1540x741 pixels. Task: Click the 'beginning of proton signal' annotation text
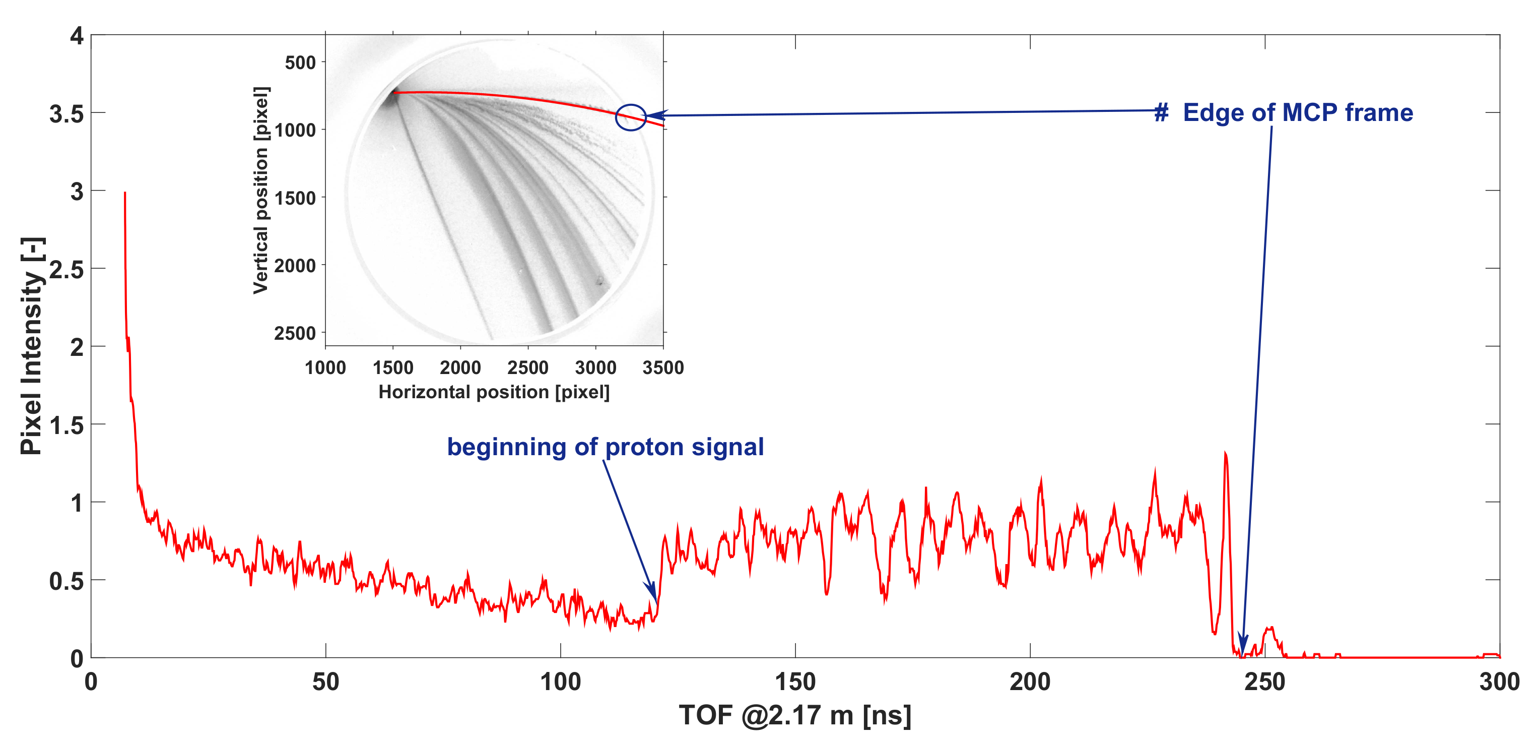pos(605,447)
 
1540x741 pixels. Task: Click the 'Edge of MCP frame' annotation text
pos(1297,113)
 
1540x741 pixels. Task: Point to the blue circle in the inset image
pos(631,117)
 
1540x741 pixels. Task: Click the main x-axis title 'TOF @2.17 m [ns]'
pos(794,715)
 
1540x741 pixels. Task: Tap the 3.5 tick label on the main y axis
pos(66,113)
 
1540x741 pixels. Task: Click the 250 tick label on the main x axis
pos(1264,682)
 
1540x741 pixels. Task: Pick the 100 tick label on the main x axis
pos(560,682)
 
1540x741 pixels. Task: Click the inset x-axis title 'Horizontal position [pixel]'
pos(494,392)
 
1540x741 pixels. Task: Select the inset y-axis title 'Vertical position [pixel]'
pos(260,190)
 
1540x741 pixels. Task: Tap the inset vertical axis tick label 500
pos(300,62)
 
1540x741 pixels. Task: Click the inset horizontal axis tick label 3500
pos(663,367)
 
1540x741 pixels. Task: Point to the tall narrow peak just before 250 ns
pos(1225,455)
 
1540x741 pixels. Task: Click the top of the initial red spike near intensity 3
pos(124,193)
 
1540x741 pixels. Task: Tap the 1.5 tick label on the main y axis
pos(66,425)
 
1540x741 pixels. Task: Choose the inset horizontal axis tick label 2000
pos(460,367)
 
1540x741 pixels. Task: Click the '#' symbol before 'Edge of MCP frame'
pos(1161,113)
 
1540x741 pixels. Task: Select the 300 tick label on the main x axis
pos(1499,682)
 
